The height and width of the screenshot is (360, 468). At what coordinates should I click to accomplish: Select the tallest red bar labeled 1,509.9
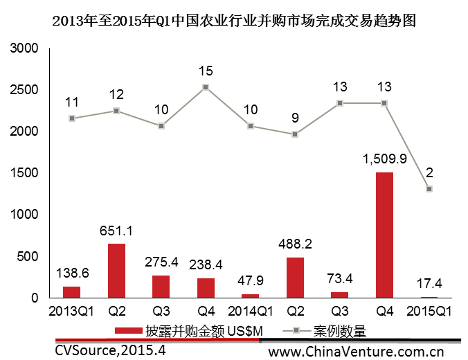coord(384,235)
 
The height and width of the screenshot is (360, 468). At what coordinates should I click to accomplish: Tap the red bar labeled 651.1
coord(116,271)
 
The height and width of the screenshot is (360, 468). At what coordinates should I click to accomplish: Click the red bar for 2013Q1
coord(72,292)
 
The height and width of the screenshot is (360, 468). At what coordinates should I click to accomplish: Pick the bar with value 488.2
coord(295,278)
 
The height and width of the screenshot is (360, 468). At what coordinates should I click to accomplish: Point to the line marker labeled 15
coord(206,87)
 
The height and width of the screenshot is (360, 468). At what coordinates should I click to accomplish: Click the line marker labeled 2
coord(429,189)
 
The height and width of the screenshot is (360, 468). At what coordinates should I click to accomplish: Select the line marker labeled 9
coord(295,134)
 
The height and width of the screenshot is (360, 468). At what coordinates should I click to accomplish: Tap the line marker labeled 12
coord(116,111)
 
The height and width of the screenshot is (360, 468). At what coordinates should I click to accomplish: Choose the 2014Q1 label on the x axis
coord(250,311)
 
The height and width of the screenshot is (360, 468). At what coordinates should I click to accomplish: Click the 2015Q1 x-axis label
coord(429,311)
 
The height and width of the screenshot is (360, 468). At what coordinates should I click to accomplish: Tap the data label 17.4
coord(429,284)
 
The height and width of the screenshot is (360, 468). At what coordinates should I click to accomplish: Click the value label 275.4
coord(161,262)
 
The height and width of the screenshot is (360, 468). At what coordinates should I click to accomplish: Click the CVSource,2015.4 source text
coord(111,350)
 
